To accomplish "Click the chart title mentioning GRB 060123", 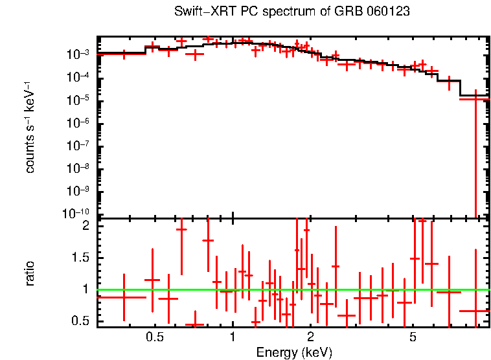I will (x=291, y=12).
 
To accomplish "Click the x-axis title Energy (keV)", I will (x=294, y=352).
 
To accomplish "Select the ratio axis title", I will (x=30, y=273).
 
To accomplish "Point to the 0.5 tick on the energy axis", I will (x=154, y=337).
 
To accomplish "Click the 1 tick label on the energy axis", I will (x=233, y=337).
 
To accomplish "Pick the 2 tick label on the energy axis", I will (x=311, y=337).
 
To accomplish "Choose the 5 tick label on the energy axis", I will (x=413, y=337).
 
